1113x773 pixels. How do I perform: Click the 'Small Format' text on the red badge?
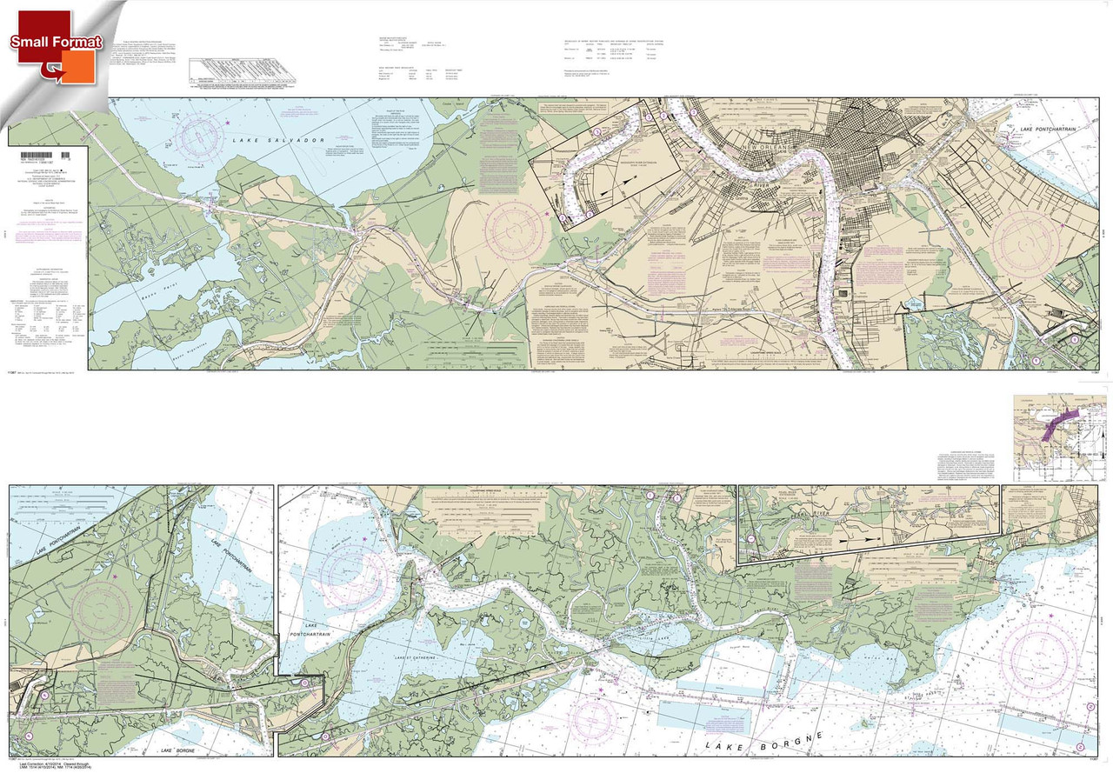pos(57,42)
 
